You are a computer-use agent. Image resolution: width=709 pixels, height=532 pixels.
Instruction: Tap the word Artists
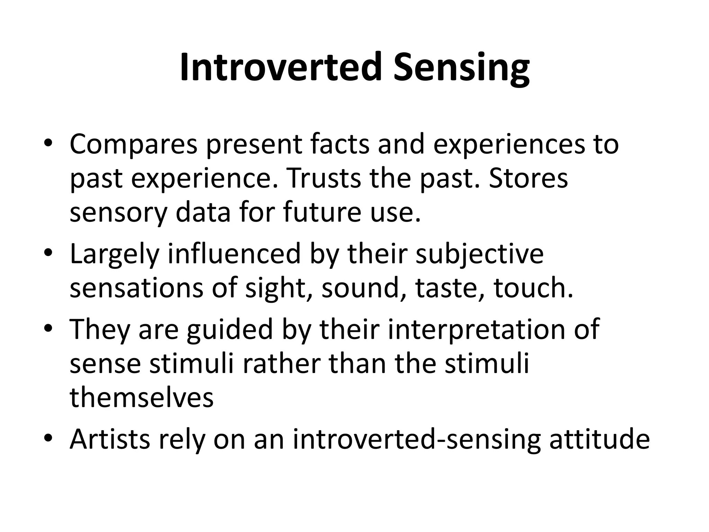click(110, 439)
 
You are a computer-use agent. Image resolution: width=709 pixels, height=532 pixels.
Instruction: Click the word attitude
click(599, 439)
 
